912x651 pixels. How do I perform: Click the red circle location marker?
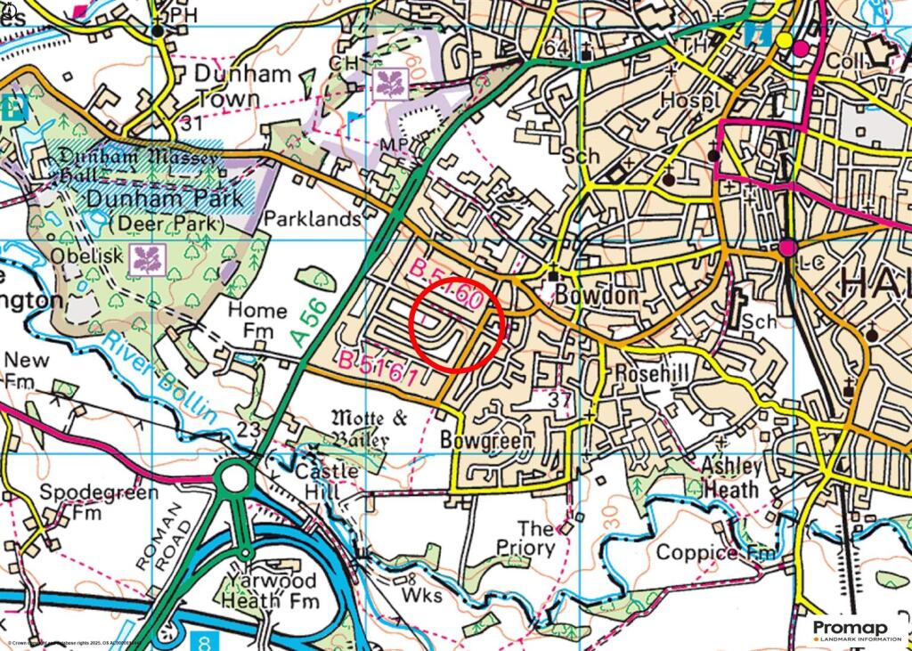pyautogui.click(x=458, y=325)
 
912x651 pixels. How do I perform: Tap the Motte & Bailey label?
pyautogui.click(x=360, y=428)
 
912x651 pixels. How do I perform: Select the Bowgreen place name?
pyautogui.click(x=486, y=441)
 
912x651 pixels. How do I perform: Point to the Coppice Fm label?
pyautogui.click(x=716, y=553)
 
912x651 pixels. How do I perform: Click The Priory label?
pyautogui.click(x=525, y=539)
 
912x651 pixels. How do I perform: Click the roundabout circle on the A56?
pyautogui.click(x=235, y=479)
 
